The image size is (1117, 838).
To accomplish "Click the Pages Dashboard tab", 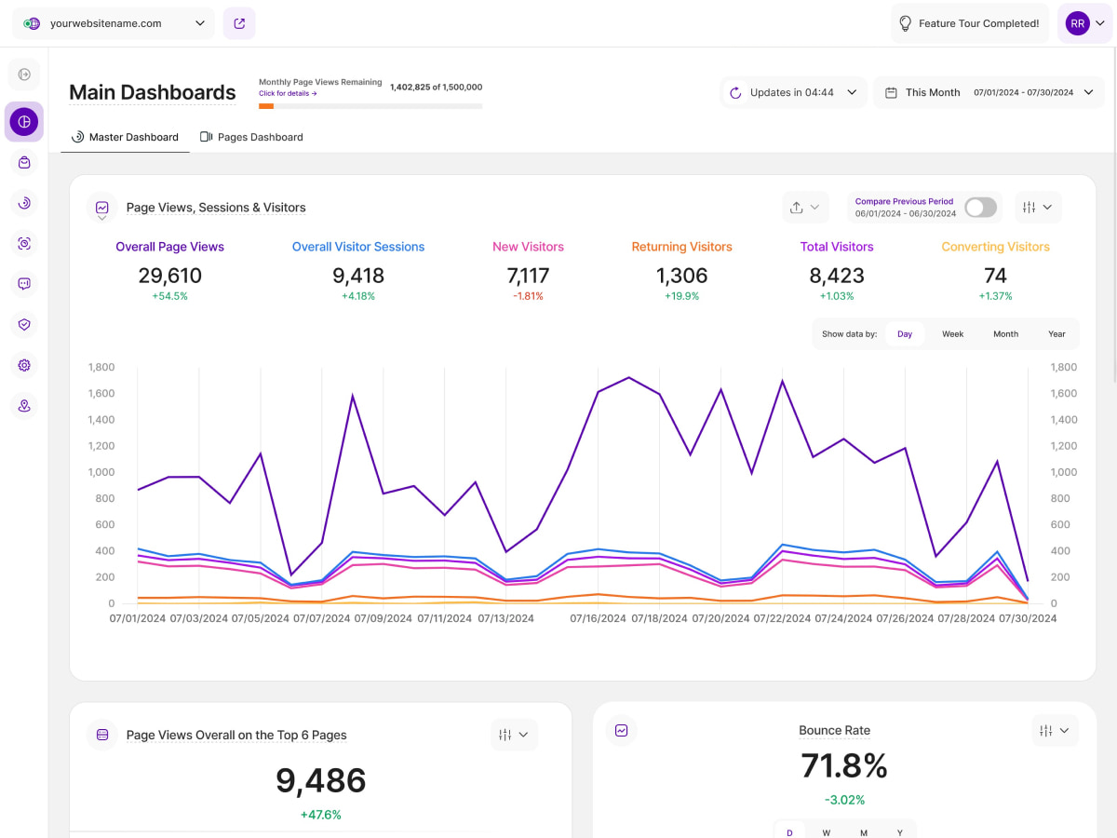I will click(x=251, y=137).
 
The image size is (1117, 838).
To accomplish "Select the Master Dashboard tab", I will click(x=125, y=137).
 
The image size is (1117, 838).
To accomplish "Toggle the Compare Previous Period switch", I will click(x=980, y=208).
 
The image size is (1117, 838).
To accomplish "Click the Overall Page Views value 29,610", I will click(x=169, y=276).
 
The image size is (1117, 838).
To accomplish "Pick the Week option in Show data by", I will click(x=952, y=333).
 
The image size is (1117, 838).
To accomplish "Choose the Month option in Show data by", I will click(x=1005, y=333).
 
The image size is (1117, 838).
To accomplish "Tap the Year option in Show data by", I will click(x=1056, y=333).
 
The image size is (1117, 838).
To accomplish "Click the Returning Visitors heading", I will click(x=681, y=247).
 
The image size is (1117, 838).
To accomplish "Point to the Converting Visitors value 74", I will click(x=995, y=276).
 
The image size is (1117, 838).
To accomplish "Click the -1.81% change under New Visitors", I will click(x=528, y=296).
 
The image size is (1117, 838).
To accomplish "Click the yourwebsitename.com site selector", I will click(x=114, y=23).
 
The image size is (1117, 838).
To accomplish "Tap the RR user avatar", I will click(x=1077, y=23).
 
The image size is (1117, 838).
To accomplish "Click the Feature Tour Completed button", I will click(x=968, y=23).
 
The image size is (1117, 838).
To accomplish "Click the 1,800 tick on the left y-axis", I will click(x=101, y=368).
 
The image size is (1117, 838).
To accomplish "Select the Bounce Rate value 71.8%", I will click(x=843, y=765).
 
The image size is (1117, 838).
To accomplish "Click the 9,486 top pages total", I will click(x=320, y=780).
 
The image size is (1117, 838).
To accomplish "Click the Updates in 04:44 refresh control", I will click(x=793, y=93).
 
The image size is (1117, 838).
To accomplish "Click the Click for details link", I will click(x=288, y=94).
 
